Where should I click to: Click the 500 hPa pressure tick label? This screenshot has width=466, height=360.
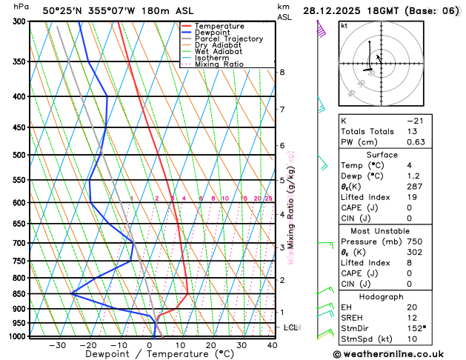(x=16, y=155)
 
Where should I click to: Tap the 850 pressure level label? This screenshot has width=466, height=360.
(x=16, y=294)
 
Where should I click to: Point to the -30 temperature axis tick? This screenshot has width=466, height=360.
(x=58, y=344)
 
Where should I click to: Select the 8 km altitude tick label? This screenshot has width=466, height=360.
(x=282, y=72)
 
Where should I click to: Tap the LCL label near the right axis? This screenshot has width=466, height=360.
(x=291, y=327)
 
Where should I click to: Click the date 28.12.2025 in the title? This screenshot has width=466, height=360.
(x=338, y=10)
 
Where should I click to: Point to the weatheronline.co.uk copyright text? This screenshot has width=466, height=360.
(x=399, y=354)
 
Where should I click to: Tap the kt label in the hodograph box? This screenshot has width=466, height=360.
(x=344, y=26)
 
